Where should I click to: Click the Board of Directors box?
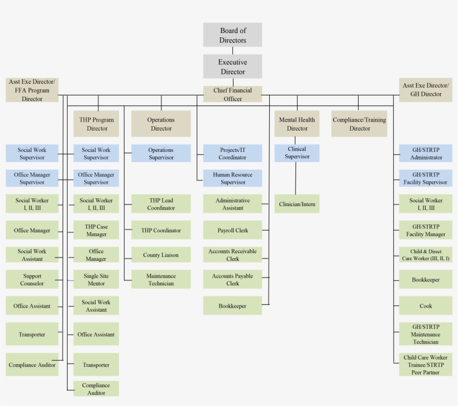pos(232,35)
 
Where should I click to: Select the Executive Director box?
pos(232,66)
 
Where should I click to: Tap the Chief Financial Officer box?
pos(232,94)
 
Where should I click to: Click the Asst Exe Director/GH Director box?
pos(426,90)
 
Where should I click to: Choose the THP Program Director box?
pos(96,124)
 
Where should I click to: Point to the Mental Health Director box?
pos(297,124)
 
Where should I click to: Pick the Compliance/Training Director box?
pos(359,124)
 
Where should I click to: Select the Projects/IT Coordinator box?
pos(232,154)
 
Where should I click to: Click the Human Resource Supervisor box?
pos(232,178)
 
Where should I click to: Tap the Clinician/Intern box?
pos(297,204)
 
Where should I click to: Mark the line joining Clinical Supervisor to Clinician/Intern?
pos(295,178)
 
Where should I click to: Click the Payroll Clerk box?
pos(232,230)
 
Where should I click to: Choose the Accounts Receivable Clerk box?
pos(232,255)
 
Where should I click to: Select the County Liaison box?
pos(161,255)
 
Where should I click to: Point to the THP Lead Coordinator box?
pos(161,204)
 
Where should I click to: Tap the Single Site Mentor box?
pos(96,279)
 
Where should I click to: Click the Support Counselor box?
pos(32,279)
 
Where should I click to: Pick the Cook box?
pos(426,305)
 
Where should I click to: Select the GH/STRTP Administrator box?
pos(426,154)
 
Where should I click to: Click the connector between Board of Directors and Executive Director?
pos(232,50)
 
